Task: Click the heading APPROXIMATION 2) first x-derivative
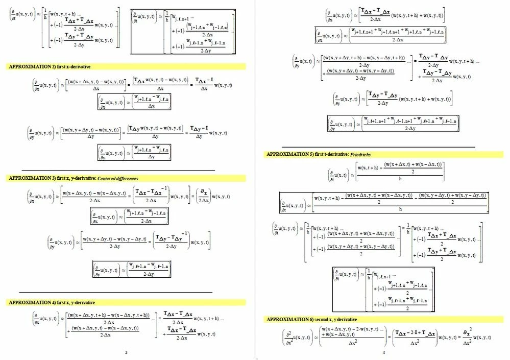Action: [x=50, y=66]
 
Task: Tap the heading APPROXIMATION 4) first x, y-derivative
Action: [x=52, y=302]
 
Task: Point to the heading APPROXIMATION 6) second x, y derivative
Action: [x=312, y=319]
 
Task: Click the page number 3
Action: [x=126, y=352]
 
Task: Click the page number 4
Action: [x=383, y=352]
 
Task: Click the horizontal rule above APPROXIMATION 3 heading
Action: [x=118, y=170]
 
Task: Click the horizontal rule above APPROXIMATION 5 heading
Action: [x=378, y=147]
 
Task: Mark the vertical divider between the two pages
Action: [x=255, y=179]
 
